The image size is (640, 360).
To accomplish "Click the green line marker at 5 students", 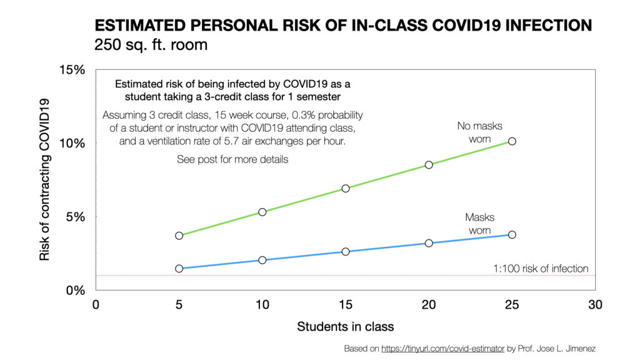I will pos(179,236).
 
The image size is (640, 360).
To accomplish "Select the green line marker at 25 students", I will pos(512,141).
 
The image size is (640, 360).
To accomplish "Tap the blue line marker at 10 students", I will pos(262,260).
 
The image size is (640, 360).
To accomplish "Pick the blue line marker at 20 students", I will pos(429,243).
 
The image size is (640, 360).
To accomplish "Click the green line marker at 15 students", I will pos(346,188).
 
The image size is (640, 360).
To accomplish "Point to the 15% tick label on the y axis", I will pos(72,69).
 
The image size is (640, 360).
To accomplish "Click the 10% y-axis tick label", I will pos(72,143).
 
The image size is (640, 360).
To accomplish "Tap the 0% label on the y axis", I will pos(76,291).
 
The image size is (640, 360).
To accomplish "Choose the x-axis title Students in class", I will pos(345,326).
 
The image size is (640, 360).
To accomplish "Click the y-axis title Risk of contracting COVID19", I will pos(45,180).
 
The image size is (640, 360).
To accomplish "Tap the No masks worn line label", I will pos(479,132).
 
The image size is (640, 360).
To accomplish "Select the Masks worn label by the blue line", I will pos(479,224).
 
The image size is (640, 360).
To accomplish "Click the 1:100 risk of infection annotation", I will pos(541,269).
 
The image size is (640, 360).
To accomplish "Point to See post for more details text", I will pos(232,159).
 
